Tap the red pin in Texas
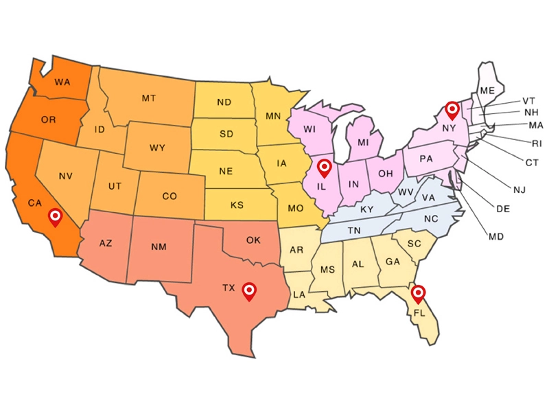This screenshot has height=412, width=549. pyautogui.click(x=250, y=291)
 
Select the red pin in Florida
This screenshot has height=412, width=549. pyautogui.click(x=417, y=293)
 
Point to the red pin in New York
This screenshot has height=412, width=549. pyautogui.click(x=452, y=109)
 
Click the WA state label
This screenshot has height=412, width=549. pyautogui.click(x=62, y=82)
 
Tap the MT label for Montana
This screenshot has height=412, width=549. pyautogui.click(x=149, y=98)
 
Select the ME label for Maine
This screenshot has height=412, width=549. pyautogui.click(x=488, y=91)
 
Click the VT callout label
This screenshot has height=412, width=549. pyautogui.click(x=528, y=100)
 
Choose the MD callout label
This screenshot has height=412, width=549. pyautogui.click(x=496, y=237)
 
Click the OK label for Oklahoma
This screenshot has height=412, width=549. pyautogui.click(x=253, y=240)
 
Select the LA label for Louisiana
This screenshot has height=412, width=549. pyautogui.click(x=299, y=294)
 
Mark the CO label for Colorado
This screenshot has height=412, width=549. pyautogui.click(x=170, y=196)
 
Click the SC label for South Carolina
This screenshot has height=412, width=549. pyautogui.click(x=414, y=244)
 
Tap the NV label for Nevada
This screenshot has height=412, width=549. pyautogui.click(x=66, y=176)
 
